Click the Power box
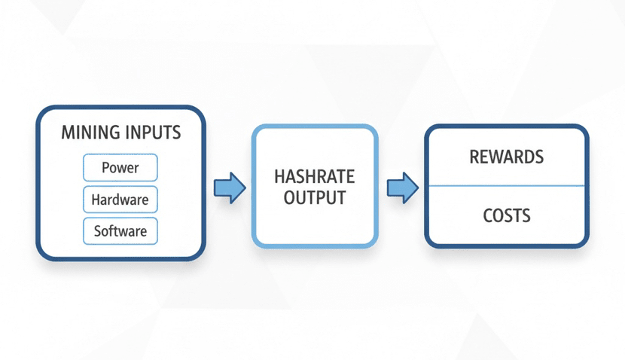[x=120, y=167]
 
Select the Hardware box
[x=120, y=200]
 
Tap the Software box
[x=120, y=230]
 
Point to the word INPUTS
[x=154, y=133]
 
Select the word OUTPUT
[x=315, y=197]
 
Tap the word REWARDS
[x=506, y=157]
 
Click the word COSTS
[x=506, y=216]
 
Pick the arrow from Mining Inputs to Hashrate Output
[x=229, y=187]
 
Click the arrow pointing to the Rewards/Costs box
[x=402, y=187]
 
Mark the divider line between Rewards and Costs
[x=506, y=186]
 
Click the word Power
[x=120, y=167]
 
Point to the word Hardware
[x=120, y=200]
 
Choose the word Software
[x=120, y=230]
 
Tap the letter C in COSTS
[x=487, y=216]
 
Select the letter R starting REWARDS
[x=474, y=157]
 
